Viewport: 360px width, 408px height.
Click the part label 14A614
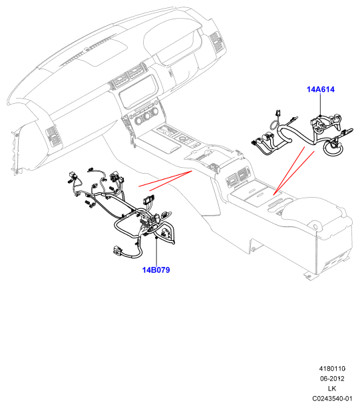point(321,89)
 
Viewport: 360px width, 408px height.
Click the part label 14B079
point(156,270)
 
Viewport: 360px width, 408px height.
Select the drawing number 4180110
point(332,369)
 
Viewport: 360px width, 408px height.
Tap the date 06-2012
point(332,379)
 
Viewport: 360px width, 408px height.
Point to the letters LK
point(332,389)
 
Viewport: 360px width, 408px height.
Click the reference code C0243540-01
point(332,399)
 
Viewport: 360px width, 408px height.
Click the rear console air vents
point(238,177)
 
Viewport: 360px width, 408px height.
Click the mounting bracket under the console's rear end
point(308,276)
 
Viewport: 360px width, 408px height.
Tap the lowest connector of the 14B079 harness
point(117,251)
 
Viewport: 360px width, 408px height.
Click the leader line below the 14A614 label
point(321,104)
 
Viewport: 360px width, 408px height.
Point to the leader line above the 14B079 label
point(156,252)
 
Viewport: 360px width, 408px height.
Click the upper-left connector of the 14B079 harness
point(72,175)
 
